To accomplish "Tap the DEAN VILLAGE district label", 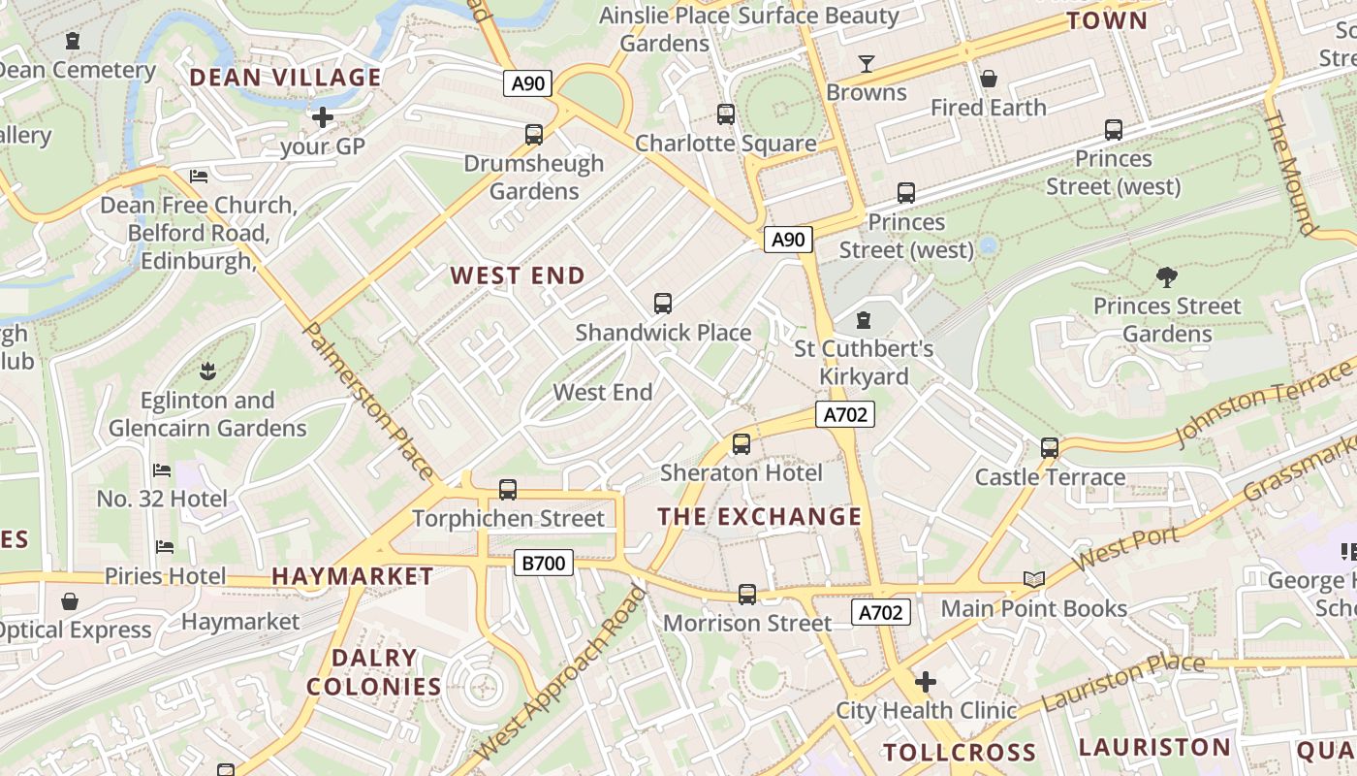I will tap(285, 78).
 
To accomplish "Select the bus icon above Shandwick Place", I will tap(663, 304).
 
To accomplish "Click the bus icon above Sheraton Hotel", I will tap(742, 444).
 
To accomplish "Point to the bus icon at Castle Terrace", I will tap(1050, 448).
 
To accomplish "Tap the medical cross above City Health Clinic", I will tap(926, 682).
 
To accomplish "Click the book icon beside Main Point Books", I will tap(1034, 580).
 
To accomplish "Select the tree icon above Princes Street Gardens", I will tap(1167, 277).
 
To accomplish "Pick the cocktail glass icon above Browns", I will tap(867, 64).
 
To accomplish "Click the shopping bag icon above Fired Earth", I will tap(989, 79).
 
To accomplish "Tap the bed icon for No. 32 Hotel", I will tap(162, 470).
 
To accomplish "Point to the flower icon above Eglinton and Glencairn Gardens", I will tap(206, 371).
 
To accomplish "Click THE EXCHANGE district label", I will tap(760, 517).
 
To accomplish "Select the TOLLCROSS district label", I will tap(960, 753).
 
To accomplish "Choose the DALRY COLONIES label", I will tap(374, 672).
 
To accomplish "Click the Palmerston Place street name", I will tap(369, 401).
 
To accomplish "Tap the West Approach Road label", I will tap(560, 674).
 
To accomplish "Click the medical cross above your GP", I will tap(323, 118).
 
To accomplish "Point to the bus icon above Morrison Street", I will tap(746, 595).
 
